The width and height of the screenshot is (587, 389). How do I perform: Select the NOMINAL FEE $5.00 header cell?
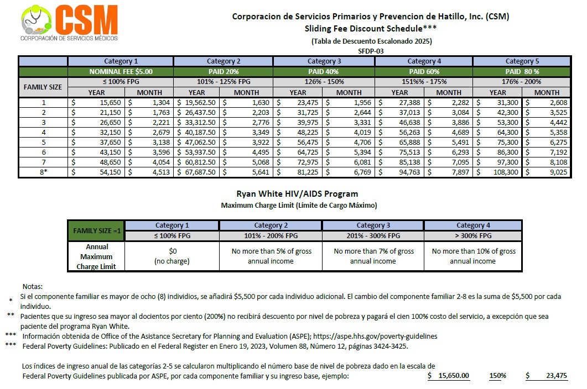coord(121,71)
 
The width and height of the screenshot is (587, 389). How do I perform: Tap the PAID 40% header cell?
coord(324,71)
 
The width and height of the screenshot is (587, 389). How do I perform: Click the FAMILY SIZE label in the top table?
coord(43,87)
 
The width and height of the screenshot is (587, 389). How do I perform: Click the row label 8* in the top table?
coord(43,172)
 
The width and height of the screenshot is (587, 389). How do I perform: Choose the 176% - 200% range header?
coord(522,82)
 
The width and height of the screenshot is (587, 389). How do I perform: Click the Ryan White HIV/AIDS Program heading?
coord(297,194)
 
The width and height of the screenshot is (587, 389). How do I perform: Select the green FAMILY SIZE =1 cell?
coord(96,230)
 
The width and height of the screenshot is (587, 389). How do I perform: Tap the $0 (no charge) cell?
coord(172,256)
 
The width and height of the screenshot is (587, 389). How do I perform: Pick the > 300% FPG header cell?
coord(472,236)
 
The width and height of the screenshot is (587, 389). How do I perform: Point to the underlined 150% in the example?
coord(497,376)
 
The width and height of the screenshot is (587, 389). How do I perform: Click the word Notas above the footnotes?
coord(32,287)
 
